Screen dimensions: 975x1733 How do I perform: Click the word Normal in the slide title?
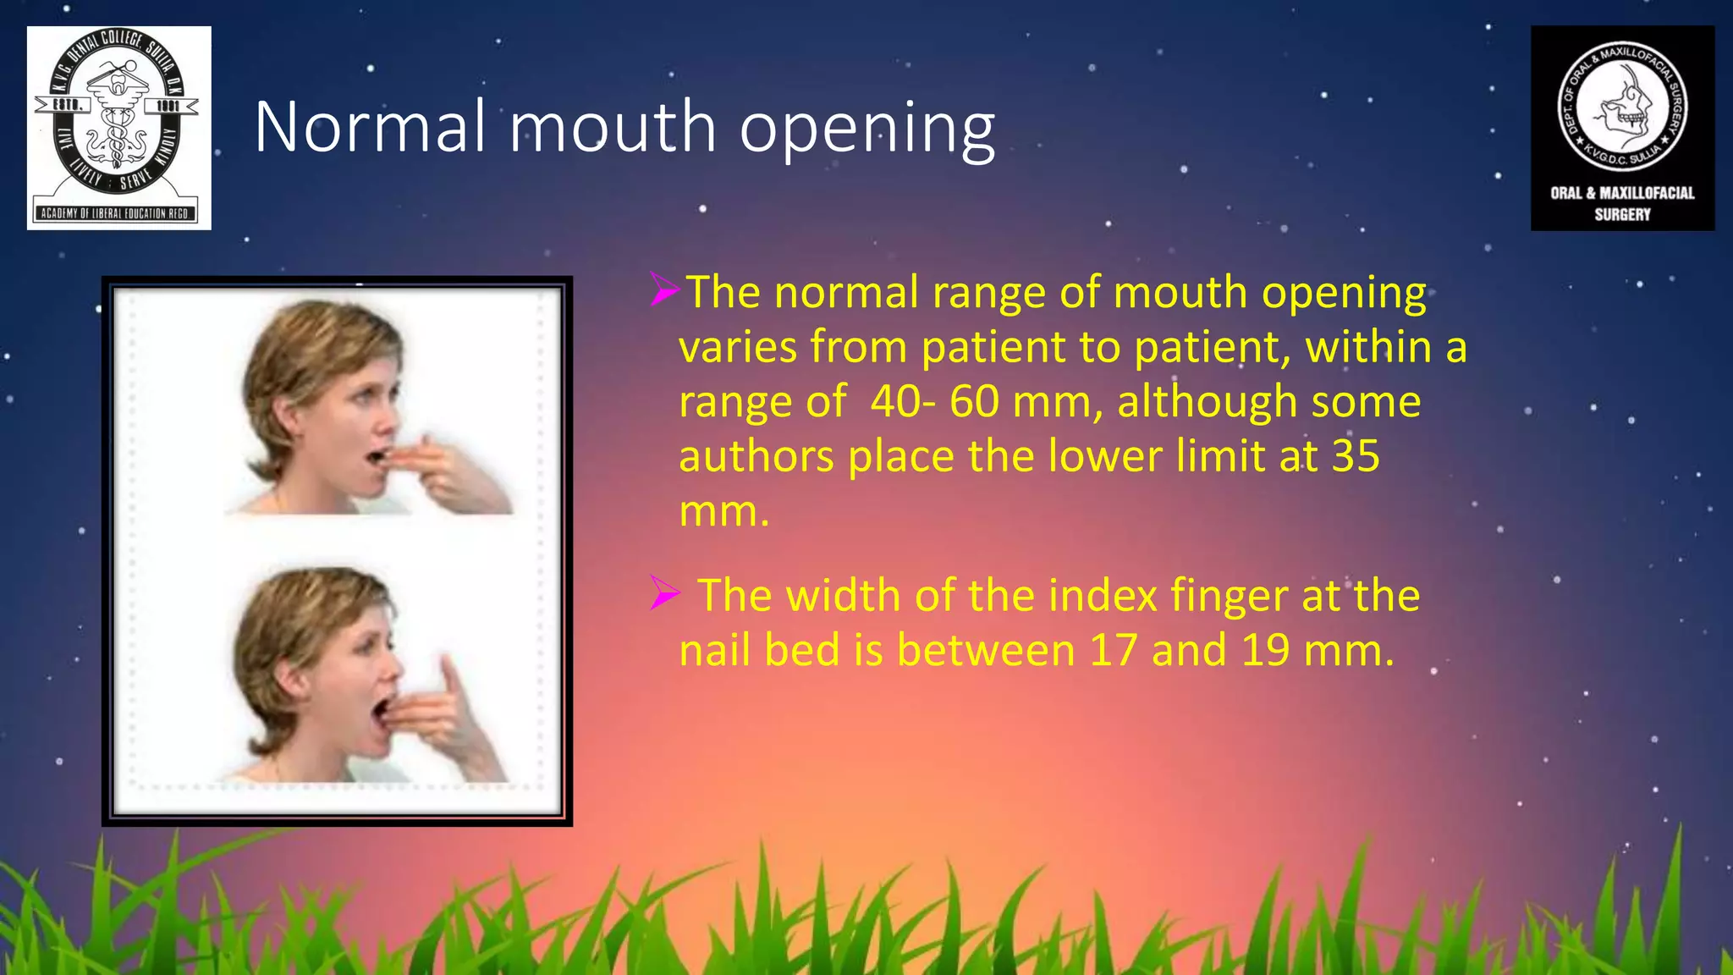point(370,127)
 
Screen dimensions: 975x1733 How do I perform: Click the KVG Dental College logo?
point(118,127)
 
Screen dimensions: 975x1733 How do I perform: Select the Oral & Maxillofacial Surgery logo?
point(1622,127)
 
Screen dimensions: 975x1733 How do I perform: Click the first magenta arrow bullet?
point(664,289)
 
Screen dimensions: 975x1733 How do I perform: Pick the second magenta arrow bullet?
point(664,593)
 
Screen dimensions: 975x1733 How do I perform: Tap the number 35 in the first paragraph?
point(1356,457)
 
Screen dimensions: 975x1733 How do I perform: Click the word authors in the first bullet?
point(756,457)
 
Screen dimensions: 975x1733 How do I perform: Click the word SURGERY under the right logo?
point(1622,215)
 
